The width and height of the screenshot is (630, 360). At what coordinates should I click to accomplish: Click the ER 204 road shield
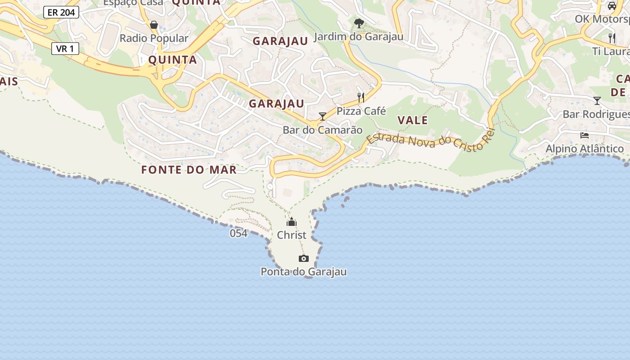point(61,12)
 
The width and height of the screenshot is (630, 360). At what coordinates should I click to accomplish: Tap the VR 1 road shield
point(65,49)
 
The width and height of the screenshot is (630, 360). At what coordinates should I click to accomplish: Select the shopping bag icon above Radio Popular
point(154,24)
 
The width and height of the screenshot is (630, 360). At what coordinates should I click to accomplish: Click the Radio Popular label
point(154,38)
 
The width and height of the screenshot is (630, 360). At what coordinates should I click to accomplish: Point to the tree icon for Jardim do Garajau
point(359,23)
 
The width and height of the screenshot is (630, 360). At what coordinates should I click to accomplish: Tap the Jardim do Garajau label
point(359,36)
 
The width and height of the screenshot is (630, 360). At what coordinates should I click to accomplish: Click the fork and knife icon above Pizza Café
point(361,97)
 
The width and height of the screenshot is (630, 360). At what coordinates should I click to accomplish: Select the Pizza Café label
point(361,111)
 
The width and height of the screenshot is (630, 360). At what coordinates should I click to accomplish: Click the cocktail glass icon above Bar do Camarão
point(322,117)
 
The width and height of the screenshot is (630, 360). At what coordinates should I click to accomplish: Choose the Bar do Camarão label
point(322,130)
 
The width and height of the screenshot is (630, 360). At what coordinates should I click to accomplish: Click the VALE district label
point(413,120)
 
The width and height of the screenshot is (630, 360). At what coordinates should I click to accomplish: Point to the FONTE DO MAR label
point(189,170)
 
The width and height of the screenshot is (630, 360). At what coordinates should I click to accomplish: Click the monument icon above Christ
point(292,222)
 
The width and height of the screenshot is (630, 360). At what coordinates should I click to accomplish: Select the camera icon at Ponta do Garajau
point(304,258)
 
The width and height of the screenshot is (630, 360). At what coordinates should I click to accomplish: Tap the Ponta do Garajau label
point(304,272)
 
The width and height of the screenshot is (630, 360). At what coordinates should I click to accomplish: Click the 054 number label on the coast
point(238,233)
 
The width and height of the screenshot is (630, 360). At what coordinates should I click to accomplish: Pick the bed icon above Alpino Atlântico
point(585,135)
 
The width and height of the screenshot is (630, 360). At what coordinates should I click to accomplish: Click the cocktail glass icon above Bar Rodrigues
point(597,100)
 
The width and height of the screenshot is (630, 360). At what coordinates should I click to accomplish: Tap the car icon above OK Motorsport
point(612,6)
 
